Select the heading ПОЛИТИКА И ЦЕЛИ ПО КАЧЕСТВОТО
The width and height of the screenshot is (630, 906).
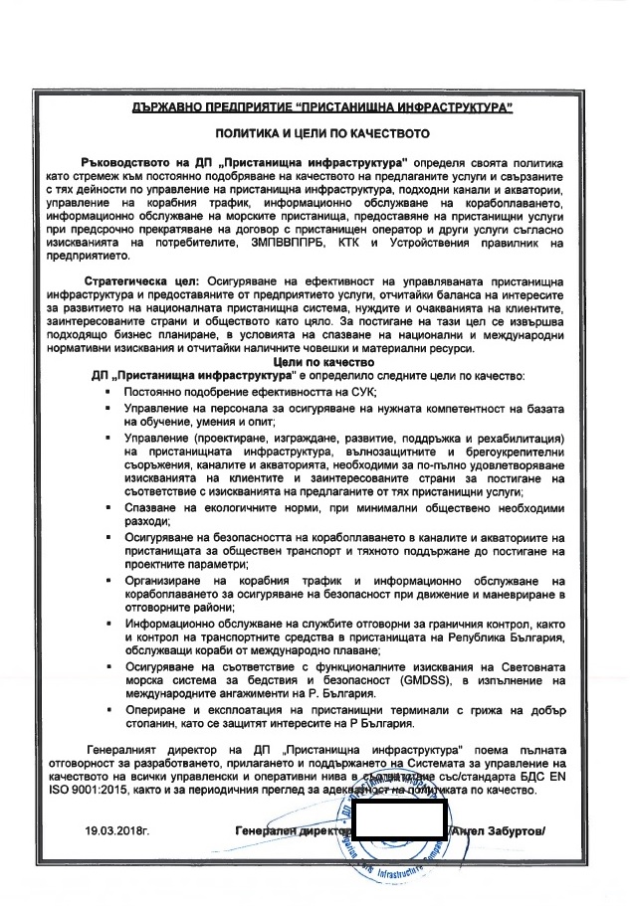[x=315, y=131]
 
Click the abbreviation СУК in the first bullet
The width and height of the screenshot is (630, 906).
[x=354, y=393]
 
